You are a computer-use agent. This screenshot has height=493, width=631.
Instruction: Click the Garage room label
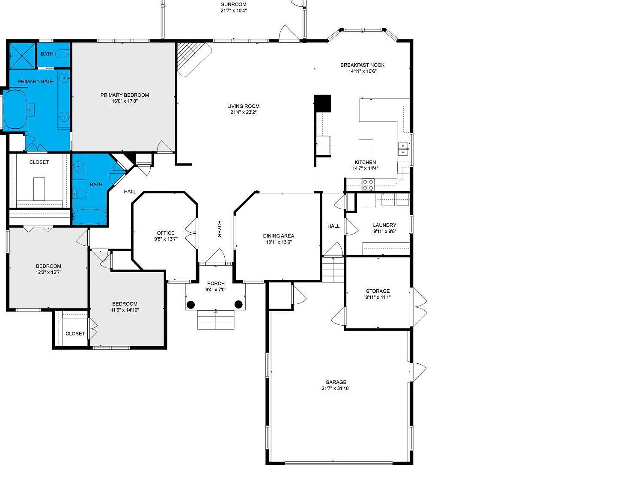336,382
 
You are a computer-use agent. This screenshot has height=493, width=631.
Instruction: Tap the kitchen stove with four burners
368,184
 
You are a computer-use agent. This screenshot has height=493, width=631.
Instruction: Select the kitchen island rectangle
366,148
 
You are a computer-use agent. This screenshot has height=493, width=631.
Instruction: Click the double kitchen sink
403,149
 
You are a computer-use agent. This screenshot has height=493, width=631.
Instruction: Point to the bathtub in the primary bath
15,110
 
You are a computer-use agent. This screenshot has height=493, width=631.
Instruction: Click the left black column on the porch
190,305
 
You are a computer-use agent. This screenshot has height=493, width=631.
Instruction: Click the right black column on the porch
238,304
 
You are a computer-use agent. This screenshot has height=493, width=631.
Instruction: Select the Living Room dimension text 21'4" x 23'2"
243,113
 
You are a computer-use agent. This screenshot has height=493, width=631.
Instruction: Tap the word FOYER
219,229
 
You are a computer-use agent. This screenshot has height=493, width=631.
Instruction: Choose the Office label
166,233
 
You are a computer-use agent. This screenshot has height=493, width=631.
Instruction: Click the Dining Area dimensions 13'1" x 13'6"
278,242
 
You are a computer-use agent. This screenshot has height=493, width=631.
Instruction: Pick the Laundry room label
384,225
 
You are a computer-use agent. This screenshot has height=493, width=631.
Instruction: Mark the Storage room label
378,291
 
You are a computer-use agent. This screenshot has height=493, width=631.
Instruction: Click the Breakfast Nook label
362,65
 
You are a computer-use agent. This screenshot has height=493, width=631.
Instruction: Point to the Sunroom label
233,5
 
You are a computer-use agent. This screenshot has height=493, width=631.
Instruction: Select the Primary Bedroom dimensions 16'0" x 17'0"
125,101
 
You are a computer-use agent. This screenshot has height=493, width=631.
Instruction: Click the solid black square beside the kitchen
322,103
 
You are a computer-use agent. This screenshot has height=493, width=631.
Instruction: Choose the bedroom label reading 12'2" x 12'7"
48,272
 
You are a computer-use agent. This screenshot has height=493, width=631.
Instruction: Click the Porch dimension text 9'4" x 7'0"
216,290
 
